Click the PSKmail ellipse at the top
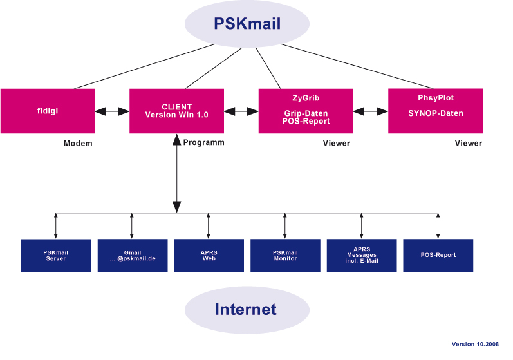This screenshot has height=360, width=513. [x=248, y=24]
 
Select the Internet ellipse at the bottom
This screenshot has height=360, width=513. [x=245, y=310]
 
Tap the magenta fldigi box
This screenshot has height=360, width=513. [x=48, y=111]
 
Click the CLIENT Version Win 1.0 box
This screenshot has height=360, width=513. [x=177, y=111]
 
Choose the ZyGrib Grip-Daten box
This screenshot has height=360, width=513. [x=306, y=111]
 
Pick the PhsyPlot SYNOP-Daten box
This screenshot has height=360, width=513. [x=435, y=111]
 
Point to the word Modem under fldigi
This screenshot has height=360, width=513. [x=78, y=144]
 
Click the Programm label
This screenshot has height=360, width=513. [x=203, y=142]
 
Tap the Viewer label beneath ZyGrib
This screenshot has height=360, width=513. [x=336, y=143]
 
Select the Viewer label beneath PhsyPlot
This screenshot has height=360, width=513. [x=468, y=143]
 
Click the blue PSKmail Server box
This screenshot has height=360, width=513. [x=55, y=256]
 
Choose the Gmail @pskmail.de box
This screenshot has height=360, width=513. [x=132, y=256]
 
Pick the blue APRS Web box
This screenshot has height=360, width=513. [x=209, y=255]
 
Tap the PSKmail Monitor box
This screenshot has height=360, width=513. [x=285, y=255]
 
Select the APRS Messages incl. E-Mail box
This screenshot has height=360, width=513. [x=361, y=255]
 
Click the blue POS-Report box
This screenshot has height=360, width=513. [x=438, y=255]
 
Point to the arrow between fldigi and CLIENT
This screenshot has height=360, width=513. [x=112, y=111]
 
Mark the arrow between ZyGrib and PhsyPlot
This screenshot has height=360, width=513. [x=371, y=111]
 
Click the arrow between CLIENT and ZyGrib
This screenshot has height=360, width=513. [x=241, y=111]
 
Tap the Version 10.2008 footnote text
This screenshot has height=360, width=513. [x=475, y=345]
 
